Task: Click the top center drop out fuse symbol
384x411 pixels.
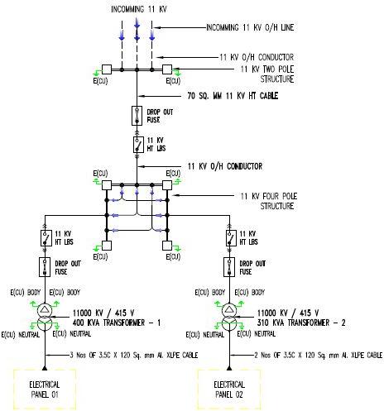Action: [x=135, y=114]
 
